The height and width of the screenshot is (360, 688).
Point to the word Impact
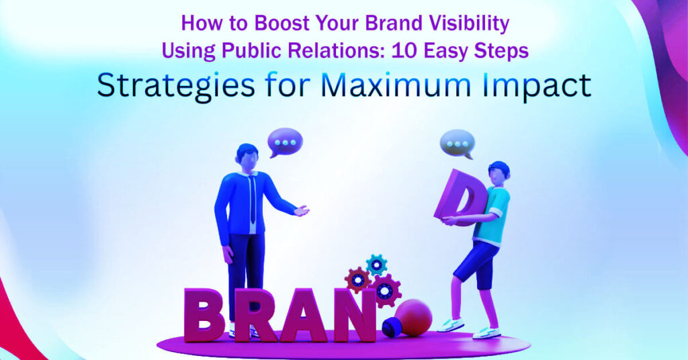pyautogui.click(x=538, y=86)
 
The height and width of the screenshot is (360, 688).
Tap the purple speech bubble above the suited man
pyautogui.click(x=286, y=142)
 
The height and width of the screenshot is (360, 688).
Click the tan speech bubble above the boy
pyautogui.click(x=458, y=143)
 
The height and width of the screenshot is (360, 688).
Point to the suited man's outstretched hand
pyautogui.click(x=302, y=211)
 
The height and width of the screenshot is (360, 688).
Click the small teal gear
pyautogui.click(x=376, y=264)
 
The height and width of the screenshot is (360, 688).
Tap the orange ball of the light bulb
pyautogui.click(x=415, y=317)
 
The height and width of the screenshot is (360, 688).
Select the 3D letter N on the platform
pyautogui.click(x=357, y=314)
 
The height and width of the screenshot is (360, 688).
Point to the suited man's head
pyautogui.click(x=247, y=155)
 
